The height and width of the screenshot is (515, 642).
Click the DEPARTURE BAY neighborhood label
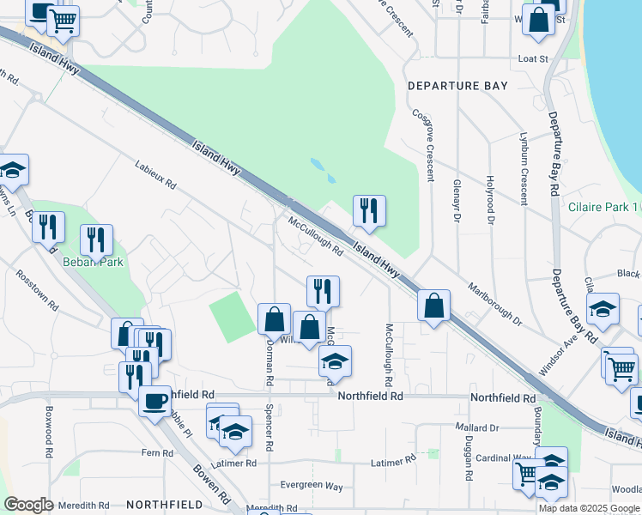[x=457, y=86]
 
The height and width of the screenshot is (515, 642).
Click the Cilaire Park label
[x=601, y=207]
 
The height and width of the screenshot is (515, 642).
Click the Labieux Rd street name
[x=154, y=174]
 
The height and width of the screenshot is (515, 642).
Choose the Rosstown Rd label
[x=36, y=291]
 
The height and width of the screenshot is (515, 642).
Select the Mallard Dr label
[x=478, y=427]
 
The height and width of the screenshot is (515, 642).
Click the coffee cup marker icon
[x=154, y=401]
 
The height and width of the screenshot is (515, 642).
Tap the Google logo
[x=28, y=505]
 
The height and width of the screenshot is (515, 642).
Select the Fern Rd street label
[x=157, y=452]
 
